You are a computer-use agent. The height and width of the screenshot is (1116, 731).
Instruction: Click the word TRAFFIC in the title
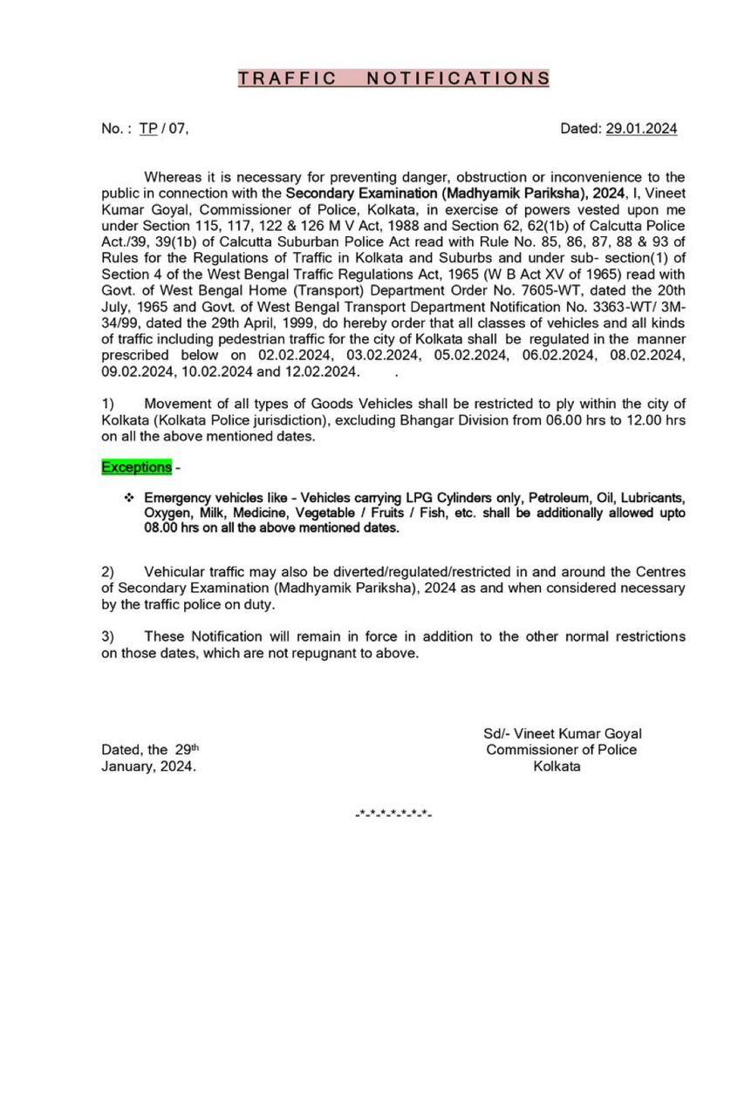coord(288,78)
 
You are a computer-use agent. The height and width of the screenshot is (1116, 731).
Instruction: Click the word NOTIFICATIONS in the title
coord(457,78)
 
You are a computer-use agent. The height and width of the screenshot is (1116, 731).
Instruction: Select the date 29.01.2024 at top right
coord(641,129)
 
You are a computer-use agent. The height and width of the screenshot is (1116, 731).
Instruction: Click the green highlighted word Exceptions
coord(137,467)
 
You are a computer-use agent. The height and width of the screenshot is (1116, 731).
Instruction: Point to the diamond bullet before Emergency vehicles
coord(128,498)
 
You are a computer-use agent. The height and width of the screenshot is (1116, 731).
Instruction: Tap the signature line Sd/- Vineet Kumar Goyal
coord(563,734)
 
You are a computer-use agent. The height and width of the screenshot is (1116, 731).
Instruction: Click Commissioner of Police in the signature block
coord(562,750)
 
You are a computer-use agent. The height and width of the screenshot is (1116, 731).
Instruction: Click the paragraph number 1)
coord(107,404)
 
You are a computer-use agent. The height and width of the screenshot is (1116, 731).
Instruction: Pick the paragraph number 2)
coord(107,572)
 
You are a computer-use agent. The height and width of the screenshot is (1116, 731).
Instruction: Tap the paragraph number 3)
coord(107,636)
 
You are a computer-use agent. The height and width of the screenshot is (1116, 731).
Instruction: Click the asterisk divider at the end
coord(393,813)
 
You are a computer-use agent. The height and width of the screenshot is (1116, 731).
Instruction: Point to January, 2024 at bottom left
coord(148,766)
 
